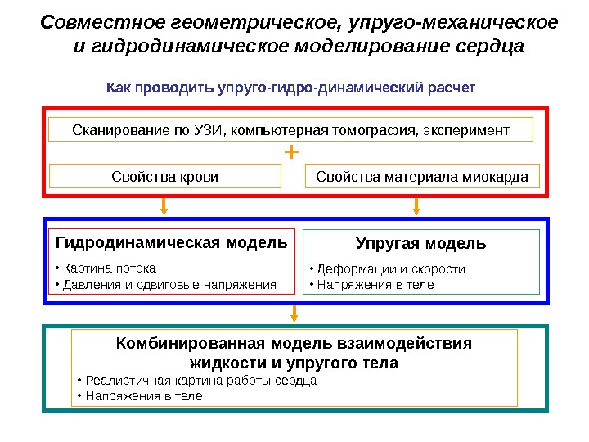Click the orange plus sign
tap(292, 152)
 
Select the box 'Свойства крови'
tap(165, 176)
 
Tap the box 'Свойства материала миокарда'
tap(422, 176)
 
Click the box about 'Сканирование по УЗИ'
tap(291, 129)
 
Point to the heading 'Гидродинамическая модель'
tap(171, 243)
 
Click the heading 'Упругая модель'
tap(421, 244)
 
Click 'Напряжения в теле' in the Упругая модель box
tap(371, 285)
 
